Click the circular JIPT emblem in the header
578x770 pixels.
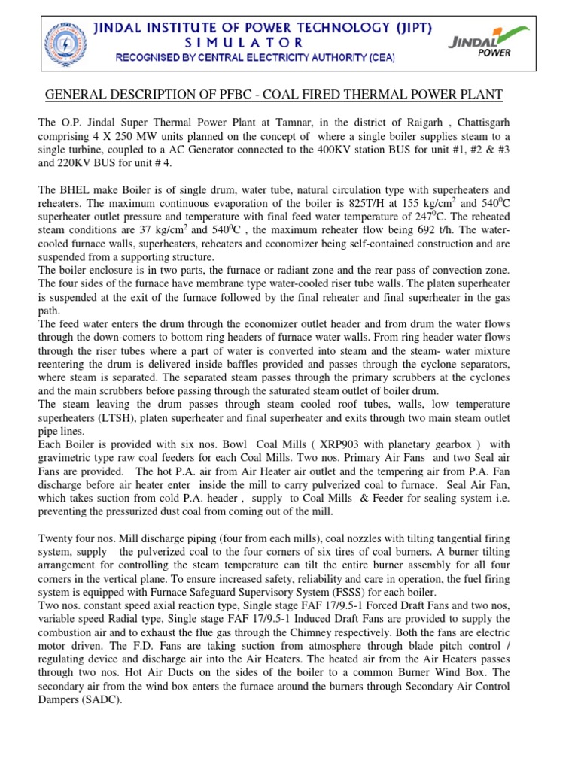click(66, 41)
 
